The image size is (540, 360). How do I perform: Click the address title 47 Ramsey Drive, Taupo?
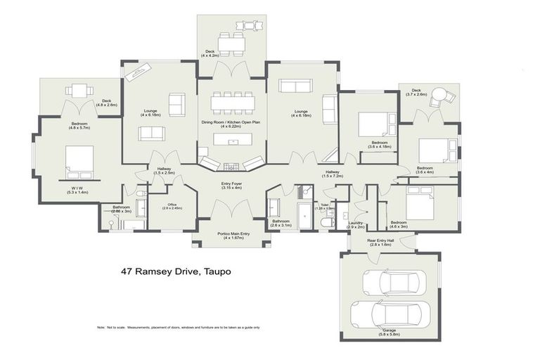[x=175, y=271]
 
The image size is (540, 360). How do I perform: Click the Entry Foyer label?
[x=231, y=186]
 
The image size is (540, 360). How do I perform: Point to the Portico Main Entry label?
[x=231, y=236]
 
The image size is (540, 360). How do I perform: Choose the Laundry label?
[x=356, y=224]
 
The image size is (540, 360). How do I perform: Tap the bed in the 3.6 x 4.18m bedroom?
[x=372, y=125]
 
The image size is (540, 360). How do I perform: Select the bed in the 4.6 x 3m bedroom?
[x=416, y=205]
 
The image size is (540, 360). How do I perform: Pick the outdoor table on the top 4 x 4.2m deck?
[x=231, y=42]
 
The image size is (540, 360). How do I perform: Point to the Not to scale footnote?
[x=179, y=327]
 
